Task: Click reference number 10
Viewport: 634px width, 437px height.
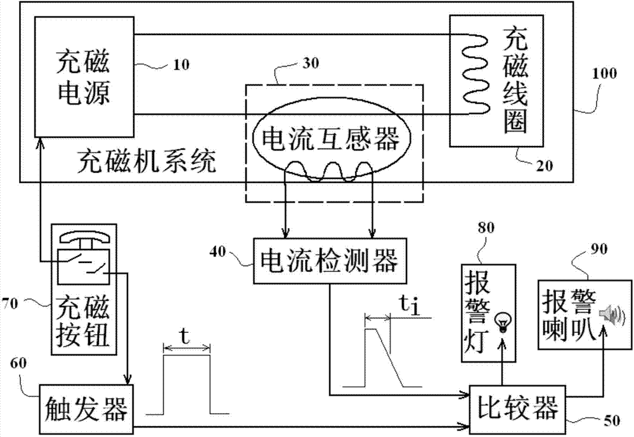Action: (x=179, y=65)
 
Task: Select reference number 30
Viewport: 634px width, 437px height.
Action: (x=311, y=63)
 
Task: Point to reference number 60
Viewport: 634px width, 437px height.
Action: (x=20, y=361)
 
